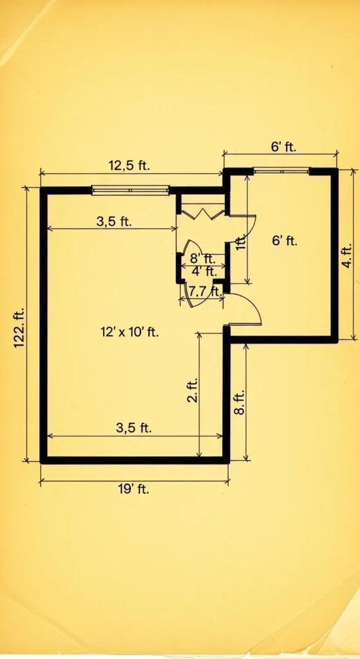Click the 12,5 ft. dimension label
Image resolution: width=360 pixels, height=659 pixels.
(128, 165)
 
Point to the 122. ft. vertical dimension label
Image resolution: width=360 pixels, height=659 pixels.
(19, 326)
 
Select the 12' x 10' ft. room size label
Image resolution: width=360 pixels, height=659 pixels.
(129, 333)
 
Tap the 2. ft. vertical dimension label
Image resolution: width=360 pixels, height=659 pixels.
(192, 390)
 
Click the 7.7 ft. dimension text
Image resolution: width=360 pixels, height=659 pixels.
(204, 291)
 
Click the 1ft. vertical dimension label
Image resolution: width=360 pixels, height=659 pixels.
(242, 243)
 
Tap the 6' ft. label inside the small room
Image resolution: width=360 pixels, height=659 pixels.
(284, 241)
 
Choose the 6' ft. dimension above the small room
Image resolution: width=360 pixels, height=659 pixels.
(283, 147)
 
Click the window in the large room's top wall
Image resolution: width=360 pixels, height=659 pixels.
(130, 190)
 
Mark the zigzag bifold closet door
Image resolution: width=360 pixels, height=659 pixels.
(202, 211)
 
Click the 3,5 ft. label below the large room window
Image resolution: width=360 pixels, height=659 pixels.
(114, 221)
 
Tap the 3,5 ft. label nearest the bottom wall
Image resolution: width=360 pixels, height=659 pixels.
(133, 427)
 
